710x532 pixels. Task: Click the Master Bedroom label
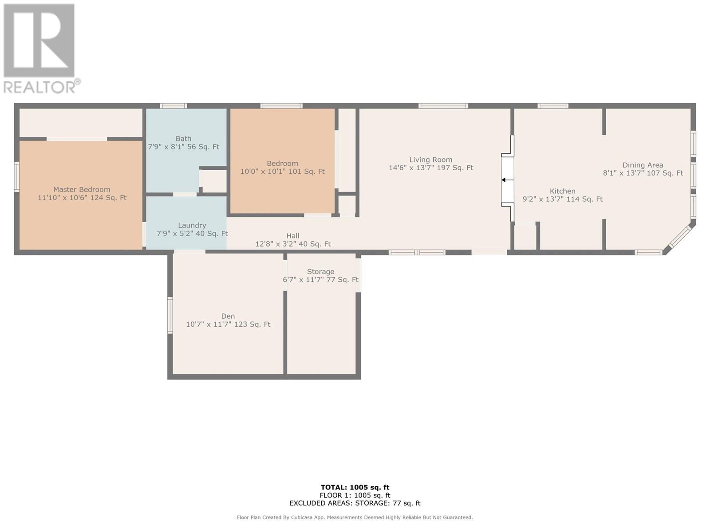82,190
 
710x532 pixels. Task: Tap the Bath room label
183,139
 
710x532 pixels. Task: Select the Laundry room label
192,226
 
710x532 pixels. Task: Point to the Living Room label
431,160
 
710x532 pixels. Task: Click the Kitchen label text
563,191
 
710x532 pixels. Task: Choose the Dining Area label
643,165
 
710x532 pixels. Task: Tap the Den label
228,316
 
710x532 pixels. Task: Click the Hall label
293,236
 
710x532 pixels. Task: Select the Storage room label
320,272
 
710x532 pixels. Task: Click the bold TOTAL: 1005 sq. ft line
355,487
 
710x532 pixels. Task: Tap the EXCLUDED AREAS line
355,503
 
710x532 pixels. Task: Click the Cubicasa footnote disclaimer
355,517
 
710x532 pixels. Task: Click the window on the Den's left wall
170,315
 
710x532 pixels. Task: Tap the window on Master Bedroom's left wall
17,177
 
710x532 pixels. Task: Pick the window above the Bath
174,106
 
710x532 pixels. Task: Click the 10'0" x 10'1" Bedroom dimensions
282,172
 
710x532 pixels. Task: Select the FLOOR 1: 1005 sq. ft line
355,495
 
